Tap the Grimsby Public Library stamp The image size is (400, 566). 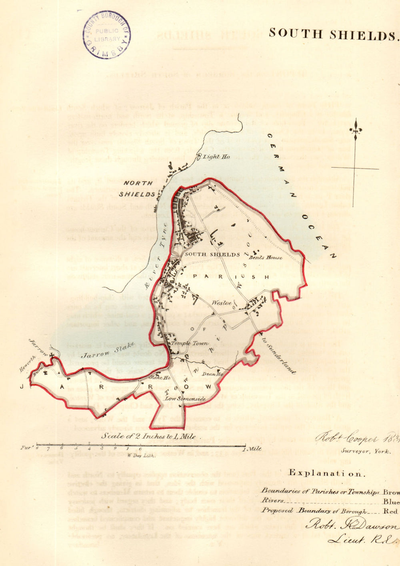pos(107,35)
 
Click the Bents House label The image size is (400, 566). pos(266,258)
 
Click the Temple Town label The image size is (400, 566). pos(190,343)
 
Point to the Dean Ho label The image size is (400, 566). pos(212,374)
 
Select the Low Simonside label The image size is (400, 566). pos(185,399)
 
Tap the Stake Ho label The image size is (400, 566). pos(160,377)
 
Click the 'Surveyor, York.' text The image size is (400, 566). pos(366,451)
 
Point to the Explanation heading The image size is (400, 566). pos(327,473)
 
